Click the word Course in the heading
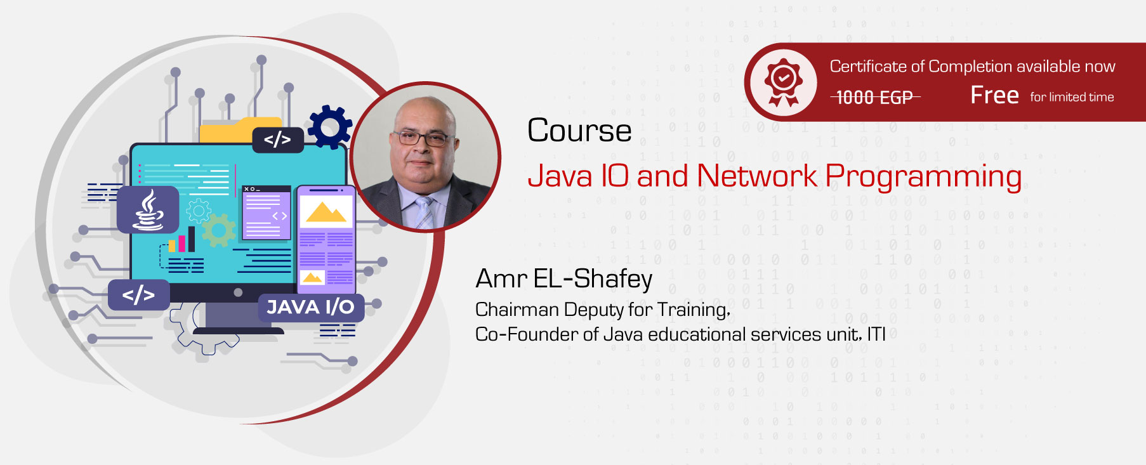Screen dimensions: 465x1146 coord(579,131)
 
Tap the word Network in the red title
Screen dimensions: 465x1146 coord(757,176)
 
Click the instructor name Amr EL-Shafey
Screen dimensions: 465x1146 coord(563,279)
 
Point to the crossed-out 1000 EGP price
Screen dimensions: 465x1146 coord(874,97)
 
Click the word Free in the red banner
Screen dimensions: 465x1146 coord(994,95)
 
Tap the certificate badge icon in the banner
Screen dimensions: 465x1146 coord(784,82)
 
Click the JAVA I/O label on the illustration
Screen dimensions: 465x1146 coord(310,307)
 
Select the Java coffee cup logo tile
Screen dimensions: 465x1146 coord(148,209)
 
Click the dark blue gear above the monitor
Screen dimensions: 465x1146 coord(329,127)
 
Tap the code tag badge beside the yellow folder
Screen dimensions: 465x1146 coord(277,140)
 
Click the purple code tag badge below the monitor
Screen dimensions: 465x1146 coord(138,295)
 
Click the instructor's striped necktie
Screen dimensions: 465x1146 coord(424,213)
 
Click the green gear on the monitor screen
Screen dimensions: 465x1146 coord(218,230)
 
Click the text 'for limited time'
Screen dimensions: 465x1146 coord(1072,97)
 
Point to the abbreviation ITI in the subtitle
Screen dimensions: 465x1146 coord(876,334)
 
